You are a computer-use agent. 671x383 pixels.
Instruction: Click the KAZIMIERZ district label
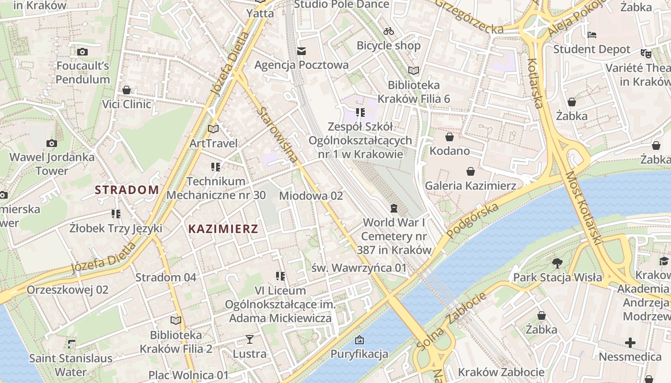point(223,229)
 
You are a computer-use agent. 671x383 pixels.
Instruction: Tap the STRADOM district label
point(127,190)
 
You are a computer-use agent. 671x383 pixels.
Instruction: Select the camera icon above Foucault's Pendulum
point(82,52)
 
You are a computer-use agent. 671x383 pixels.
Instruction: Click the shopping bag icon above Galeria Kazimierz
point(471,171)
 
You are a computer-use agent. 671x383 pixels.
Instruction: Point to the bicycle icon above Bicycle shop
point(389,32)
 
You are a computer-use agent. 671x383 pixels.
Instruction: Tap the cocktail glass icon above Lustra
point(249,340)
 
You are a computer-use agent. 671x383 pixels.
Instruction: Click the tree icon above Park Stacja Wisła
point(557,263)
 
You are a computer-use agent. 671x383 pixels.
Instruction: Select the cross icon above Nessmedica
point(630,343)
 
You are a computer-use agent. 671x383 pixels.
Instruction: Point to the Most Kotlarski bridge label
point(583,209)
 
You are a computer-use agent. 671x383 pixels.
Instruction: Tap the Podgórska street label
point(472,220)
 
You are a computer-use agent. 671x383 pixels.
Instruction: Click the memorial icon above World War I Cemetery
point(394,208)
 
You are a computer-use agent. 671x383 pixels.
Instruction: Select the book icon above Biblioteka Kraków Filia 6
point(414,71)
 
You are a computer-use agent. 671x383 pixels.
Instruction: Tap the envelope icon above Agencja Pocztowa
point(301,51)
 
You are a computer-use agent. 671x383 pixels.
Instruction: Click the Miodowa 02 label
point(311,196)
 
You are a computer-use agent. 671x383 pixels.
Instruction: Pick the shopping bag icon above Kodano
point(450,137)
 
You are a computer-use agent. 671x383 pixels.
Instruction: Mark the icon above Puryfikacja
point(359,340)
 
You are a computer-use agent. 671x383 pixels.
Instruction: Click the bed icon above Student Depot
point(592,35)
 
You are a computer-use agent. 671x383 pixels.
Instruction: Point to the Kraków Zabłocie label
point(501,372)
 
